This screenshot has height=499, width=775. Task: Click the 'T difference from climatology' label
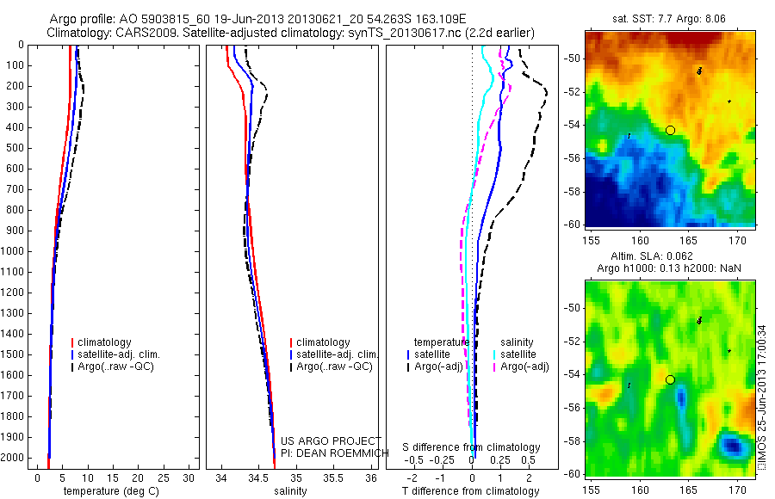pyautogui.click(x=471, y=491)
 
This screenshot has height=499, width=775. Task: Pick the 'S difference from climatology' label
pyautogui.click(x=471, y=447)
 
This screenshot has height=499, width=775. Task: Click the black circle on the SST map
pyautogui.click(x=670, y=130)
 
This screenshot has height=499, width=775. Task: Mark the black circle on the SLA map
pyautogui.click(x=670, y=379)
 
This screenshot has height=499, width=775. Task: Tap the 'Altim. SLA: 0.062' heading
pyautogui.click(x=668, y=257)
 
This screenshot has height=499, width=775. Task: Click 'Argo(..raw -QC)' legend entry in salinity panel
pyautogui.click(x=333, y=367)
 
